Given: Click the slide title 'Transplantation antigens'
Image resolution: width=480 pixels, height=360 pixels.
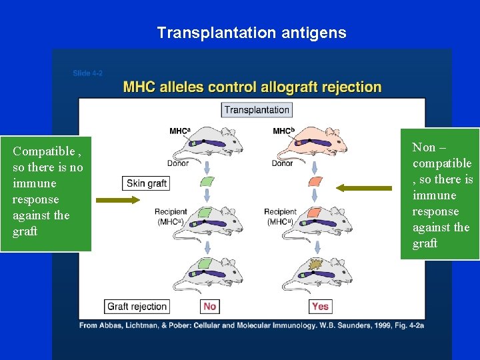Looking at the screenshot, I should click(x=251, y=33).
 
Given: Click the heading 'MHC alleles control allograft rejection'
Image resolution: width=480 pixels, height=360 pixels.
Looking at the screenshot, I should click(x=252, y=87).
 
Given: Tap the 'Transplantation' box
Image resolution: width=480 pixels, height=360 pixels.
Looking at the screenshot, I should click(x=257, y=110).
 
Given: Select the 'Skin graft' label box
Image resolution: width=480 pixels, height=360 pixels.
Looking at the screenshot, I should click(x=146, y=183).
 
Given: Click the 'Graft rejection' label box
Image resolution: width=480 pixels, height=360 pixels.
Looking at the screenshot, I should click(x=137, y=306).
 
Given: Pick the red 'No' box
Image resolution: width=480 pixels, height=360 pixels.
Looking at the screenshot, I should click(x=210, y=306).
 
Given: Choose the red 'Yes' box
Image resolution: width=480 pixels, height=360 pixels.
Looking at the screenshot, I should click(x=320, y=306).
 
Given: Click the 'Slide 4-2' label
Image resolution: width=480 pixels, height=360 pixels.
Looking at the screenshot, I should click(x=87, y=73).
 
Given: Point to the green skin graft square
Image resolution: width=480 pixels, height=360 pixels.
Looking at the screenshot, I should click(x=207, y=181).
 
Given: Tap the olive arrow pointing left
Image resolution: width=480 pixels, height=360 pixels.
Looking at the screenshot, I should click(x=363, y=188).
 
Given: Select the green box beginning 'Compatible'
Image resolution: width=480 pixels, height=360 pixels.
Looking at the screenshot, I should click(x=45, y=191).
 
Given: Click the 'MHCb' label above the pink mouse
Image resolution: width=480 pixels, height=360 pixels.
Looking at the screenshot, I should click(x=283, y=131).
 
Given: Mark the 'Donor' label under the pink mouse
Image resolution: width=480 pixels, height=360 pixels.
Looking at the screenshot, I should click(x=282, y=163).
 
